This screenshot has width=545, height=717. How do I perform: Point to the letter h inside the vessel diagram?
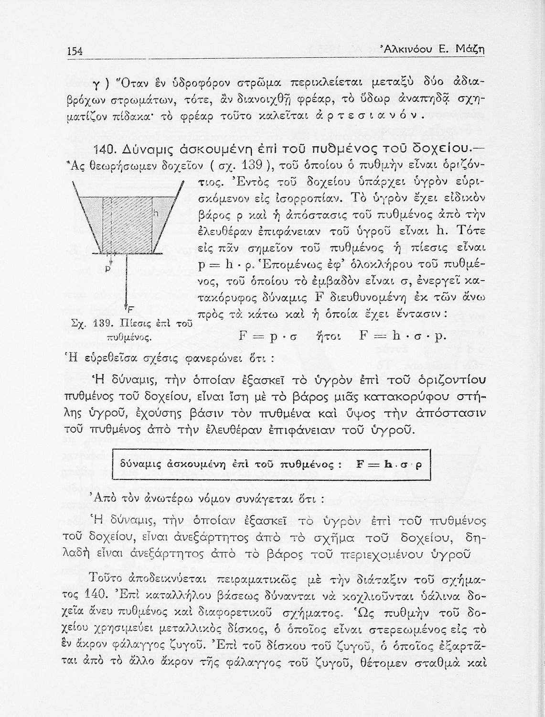(155, 213)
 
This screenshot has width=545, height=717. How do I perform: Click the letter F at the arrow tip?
(130, 307)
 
